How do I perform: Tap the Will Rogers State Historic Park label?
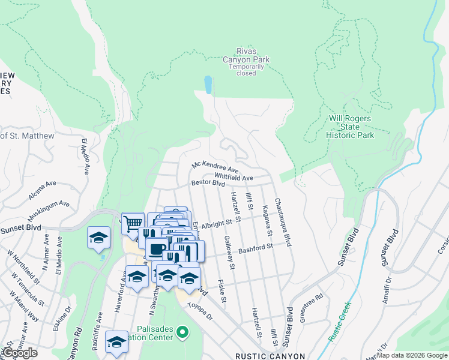pos(350,127)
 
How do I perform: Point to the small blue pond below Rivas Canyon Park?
pos(208,85)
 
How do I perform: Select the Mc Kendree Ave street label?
pos(215,165)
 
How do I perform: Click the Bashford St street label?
pos(256,247)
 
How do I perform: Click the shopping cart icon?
pos(133,223)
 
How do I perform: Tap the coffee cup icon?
pos(157,248)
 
